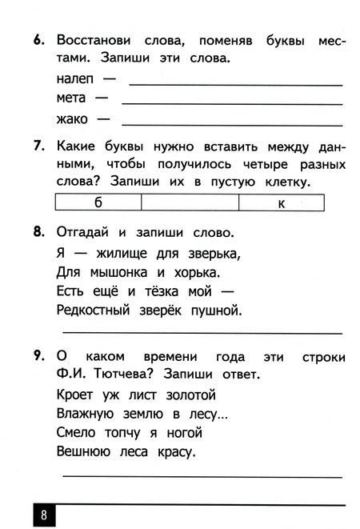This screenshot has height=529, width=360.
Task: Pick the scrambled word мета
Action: (x=73, y=99)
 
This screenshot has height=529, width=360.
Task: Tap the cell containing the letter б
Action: (x=98, y=202)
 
